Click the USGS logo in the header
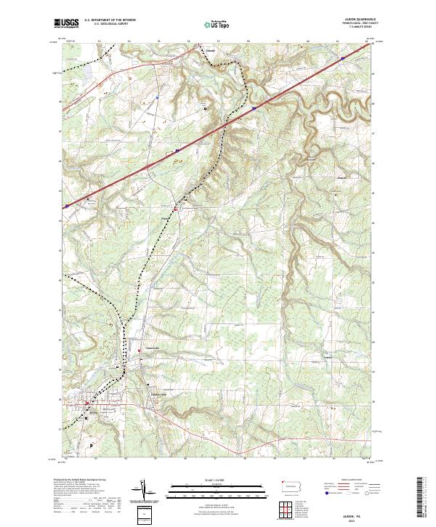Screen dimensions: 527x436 (66, 24)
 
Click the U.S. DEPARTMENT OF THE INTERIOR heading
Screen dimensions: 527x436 (110, 20)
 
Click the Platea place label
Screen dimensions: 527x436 (165, 217)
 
